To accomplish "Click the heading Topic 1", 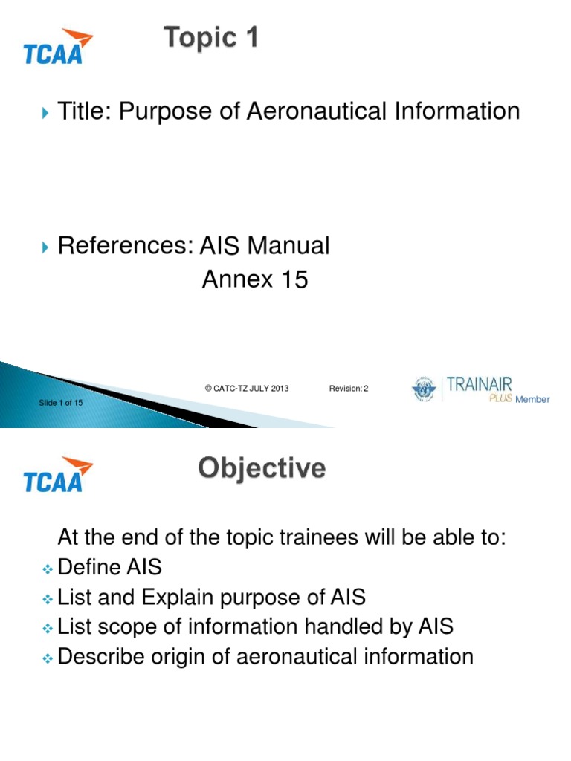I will point(212,37).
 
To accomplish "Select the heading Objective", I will point(262,469).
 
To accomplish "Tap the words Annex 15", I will point(255,280).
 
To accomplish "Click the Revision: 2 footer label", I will point(349,389).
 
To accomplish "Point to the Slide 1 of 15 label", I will point(61,403).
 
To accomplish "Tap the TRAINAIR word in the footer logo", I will point(480,386).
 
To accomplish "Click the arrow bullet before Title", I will point(47,113).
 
